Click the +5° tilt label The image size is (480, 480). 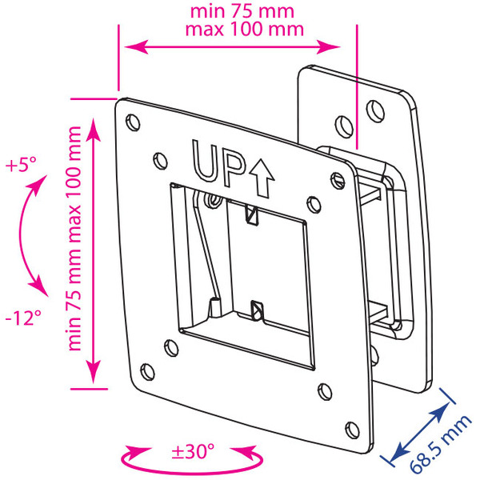21,164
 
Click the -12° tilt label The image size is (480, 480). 23,318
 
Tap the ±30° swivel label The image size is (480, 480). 193,450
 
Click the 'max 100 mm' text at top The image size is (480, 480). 245,30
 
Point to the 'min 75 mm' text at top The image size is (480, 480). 242,12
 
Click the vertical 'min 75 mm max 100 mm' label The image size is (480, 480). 74,238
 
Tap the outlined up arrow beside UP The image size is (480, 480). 262,178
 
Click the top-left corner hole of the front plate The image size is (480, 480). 133,122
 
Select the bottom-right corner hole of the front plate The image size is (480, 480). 352,430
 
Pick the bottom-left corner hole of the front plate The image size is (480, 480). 147,372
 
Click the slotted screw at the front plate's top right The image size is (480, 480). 338,180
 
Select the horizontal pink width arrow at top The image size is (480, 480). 232,47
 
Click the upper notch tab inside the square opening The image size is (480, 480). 252,215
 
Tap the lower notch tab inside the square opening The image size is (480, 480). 257,310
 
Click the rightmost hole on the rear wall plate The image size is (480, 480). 376,111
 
